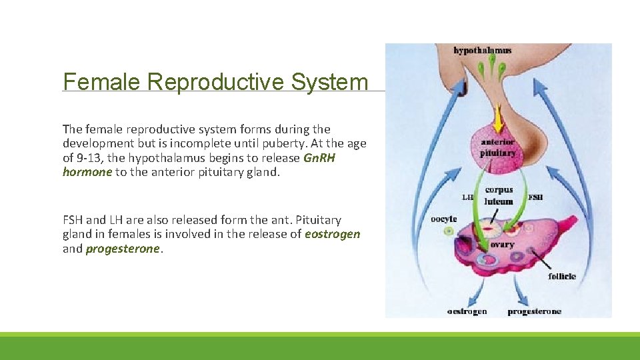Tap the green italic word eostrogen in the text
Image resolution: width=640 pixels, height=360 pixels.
point(332,234)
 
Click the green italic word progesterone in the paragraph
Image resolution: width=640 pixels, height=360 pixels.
point(123,249)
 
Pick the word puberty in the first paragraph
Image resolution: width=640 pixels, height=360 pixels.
point(293,143)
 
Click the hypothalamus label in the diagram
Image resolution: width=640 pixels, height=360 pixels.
point(482,50)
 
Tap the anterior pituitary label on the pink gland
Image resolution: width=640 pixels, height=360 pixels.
point(498,147)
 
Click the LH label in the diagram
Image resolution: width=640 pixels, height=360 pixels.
point(467,197)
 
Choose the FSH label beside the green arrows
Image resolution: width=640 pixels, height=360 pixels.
point(535,197)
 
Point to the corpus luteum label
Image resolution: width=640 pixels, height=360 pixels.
point(499,196)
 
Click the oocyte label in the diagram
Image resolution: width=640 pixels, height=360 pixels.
point(443,219)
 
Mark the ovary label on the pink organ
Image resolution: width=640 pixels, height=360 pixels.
point(502,245)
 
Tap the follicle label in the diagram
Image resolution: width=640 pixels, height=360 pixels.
point(562,276)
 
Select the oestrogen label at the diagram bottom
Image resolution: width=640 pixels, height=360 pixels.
point(467,311)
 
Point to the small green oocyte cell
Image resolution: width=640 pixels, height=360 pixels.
point(449,231)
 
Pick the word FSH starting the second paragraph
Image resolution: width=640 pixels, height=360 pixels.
point(73,220)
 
